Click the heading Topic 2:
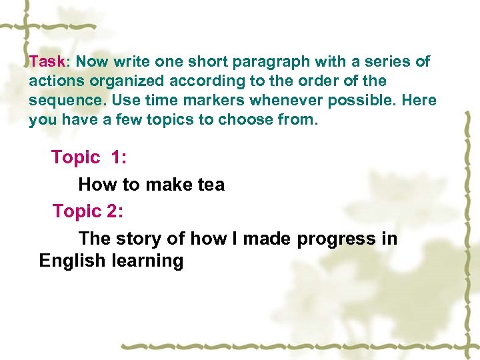pos(88,211)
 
